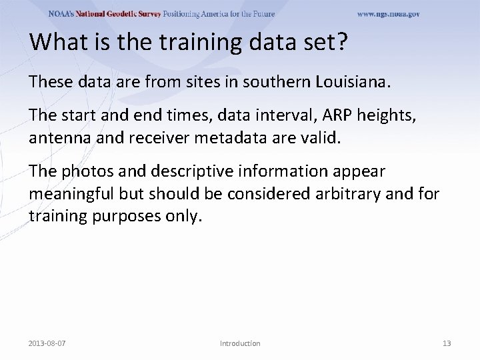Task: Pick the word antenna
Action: (x=57, y=139)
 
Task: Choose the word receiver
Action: (x=147, y=139)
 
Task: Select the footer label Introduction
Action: (x=240, y=343)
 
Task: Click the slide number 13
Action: (x=447, y=343)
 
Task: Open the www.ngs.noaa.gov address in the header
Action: (x=388, y=14)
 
